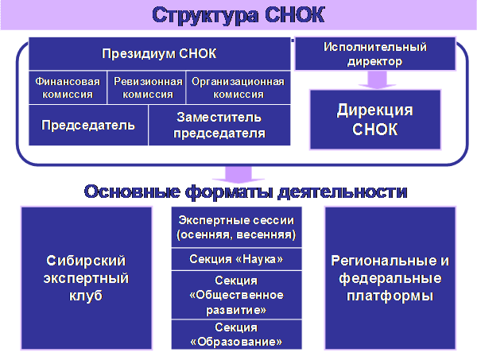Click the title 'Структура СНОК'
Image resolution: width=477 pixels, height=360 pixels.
[238, 15]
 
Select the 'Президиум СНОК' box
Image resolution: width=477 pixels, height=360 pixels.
[160, 53]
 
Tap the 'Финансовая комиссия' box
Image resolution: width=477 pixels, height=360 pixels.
[68, 88]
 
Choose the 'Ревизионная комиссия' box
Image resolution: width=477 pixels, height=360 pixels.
[146, 88]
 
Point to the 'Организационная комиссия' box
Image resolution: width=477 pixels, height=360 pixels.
[238, 88]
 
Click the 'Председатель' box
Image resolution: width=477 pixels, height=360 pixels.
[88, 126]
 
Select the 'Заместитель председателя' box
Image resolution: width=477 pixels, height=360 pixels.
[219, 126]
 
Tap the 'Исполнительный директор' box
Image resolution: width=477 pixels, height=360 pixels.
[375, 54]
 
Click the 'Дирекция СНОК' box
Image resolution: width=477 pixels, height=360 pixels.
[375, 119]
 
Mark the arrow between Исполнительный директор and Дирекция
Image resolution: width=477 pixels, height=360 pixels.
[377, 80]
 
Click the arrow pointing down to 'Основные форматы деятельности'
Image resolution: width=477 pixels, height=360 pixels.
[238, 175]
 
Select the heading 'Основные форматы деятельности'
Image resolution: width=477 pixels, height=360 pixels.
[246, 192]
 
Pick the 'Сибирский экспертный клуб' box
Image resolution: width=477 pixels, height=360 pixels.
[87, 278]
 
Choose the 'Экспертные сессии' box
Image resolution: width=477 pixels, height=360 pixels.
[236, 227]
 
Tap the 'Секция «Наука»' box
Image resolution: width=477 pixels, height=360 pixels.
[236, 259]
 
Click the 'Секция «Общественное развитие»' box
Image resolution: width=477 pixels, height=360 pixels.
[236, 295]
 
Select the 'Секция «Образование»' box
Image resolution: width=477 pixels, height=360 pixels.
[236, 335]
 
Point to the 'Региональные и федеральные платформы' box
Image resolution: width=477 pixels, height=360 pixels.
[390, 278]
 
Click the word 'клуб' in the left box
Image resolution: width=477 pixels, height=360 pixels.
[86, 296]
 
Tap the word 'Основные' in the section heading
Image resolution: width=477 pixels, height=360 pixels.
[132, 192]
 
